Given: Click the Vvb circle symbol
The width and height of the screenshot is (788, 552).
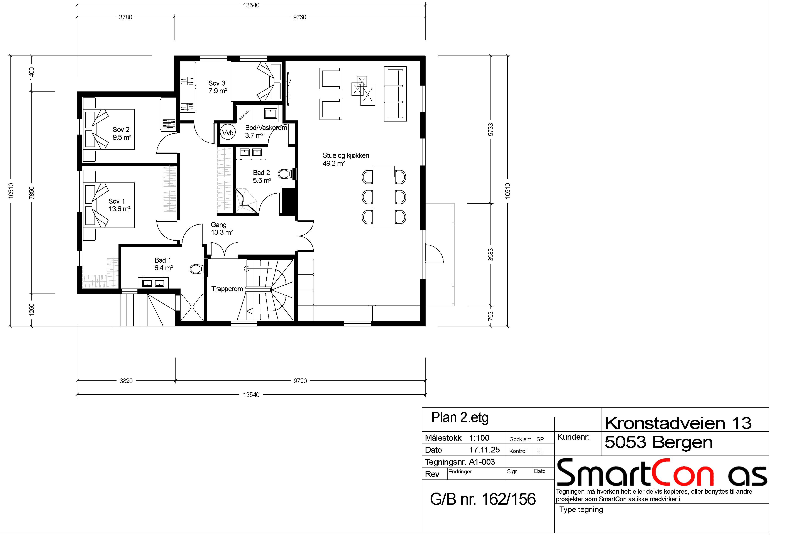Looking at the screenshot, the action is point(228,132).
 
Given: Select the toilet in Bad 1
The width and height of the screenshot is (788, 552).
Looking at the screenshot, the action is point(197,269).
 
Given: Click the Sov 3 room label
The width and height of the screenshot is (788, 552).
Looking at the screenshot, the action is point(217,87).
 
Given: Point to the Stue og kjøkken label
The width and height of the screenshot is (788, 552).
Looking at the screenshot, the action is point(346,159).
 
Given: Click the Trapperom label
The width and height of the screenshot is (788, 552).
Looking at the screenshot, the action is point(227,289).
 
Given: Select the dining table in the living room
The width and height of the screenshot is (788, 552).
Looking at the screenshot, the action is point(384,197).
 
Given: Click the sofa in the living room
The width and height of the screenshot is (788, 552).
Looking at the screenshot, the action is point(395,94).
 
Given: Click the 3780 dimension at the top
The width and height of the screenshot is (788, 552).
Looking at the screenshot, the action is point(126,17).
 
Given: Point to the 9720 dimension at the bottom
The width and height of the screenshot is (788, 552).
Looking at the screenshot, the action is point(300,381).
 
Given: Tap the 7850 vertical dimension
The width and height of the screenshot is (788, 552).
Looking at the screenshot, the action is point(32,193).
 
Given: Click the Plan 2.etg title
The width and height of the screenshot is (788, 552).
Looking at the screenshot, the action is point(460,418).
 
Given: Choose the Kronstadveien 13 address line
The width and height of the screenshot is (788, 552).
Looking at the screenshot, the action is point(678,423).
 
